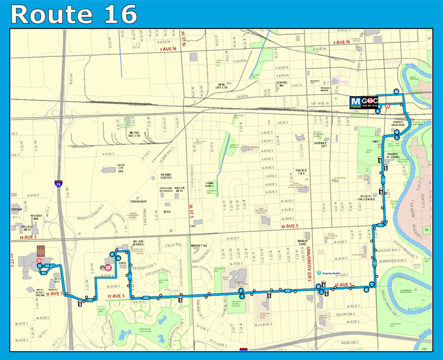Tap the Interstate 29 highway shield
pos(58,184)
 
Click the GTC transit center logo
pos(365,101)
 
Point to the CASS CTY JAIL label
pos(121,168)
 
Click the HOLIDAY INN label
pos(36,218)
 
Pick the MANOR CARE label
pos(306,242)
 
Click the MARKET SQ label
pos(200,245)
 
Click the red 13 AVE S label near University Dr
pos(288,226)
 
